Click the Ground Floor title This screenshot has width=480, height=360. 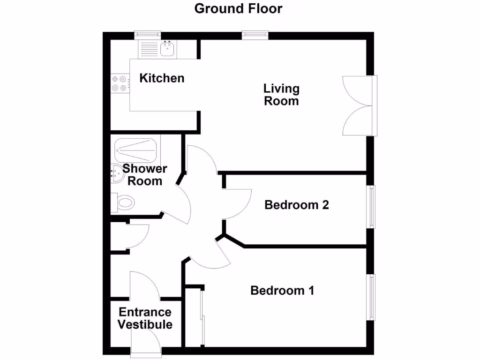[x=238, y=8]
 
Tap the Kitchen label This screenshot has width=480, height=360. [x=162, y=78]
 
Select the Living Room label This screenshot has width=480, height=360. [x=281, y=95]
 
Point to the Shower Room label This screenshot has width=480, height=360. [x=145, y=175]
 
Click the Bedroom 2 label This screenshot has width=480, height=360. [x=297, y=205]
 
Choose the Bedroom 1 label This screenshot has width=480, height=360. [x=282, y=291]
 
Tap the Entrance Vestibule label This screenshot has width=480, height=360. [x=145, y=318]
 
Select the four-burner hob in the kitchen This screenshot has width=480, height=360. [x=119, y=83]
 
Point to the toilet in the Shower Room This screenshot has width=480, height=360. [x=123, y=203]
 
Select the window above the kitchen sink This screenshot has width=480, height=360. [x=147, y=34]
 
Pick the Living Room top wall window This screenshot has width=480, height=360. [x=255, y=34]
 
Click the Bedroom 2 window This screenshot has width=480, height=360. [x=372, y=207]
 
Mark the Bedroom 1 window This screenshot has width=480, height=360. [x=372, y=297]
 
